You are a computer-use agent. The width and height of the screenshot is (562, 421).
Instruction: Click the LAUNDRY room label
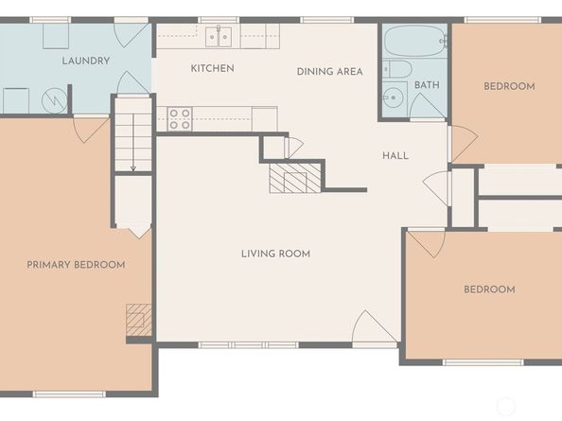pos(86,61)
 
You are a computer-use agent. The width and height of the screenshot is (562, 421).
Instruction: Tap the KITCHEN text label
pos(212,68)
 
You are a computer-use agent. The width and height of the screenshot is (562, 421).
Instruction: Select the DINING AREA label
pos(329,72)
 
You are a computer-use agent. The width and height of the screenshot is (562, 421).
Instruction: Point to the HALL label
pos(395,155)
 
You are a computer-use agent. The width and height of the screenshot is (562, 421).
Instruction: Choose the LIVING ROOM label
pos(275,254)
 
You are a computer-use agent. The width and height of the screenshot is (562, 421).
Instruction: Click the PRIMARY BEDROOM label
pos(76,265)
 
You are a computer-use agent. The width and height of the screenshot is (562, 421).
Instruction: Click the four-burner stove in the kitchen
pos(180,118)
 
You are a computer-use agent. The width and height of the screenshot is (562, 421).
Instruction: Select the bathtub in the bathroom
pos(414,42)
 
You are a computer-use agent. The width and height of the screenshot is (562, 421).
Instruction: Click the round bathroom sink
pos(393,99)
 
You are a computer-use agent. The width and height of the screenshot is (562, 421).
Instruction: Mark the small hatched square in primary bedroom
pos(139,319)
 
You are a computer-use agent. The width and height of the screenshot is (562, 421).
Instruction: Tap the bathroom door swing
pos(427,106)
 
